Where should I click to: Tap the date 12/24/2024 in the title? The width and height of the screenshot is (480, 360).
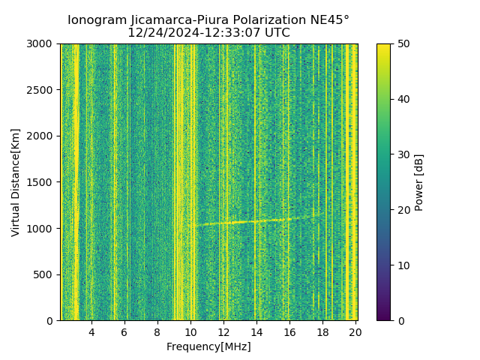(160, 33)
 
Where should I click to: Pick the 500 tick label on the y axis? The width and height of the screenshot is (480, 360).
(45, 274)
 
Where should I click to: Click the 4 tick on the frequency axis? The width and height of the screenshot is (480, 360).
(91, 331)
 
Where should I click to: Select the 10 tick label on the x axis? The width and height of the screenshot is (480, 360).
(190, 331)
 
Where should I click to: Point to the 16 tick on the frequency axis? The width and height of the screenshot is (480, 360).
(289, 331)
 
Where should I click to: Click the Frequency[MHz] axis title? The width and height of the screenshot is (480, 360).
(208, 346)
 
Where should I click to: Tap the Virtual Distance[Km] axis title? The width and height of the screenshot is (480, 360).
(16, 182)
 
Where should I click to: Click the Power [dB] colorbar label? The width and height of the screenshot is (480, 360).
(419, 182)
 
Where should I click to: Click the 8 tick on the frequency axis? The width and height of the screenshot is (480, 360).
(157, 331)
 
